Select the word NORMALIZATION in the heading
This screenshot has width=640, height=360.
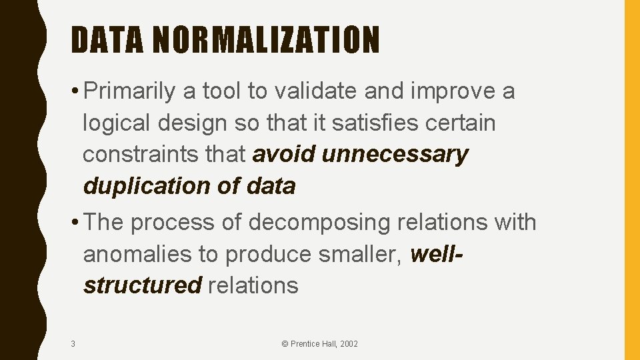tap(266, 40)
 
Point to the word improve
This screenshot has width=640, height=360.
tap(451, 92)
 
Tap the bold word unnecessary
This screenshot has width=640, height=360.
tap(395, 155)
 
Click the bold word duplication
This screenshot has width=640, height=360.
tap(146, 186)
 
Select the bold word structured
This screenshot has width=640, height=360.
tap(142, 285)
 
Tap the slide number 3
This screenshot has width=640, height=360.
tap(73, 344)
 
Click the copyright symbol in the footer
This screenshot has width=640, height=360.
tap(285, 344)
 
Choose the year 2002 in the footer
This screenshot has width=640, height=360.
tap(349, 344)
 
